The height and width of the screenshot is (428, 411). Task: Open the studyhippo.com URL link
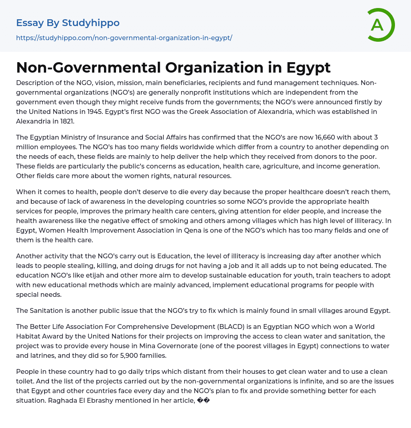point(124,38)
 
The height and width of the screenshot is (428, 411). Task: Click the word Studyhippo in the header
point(91,23)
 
